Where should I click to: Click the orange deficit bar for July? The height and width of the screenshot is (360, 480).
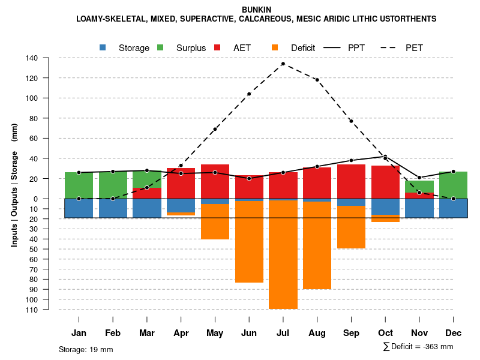pos(283,254)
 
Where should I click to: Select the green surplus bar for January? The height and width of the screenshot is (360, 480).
pos(79,185)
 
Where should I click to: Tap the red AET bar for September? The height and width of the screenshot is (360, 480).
pos(351,181)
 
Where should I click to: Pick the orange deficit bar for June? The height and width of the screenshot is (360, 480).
pos(249,242)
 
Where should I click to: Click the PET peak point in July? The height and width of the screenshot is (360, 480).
pos(283,64)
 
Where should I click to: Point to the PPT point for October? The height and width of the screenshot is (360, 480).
pos(385,157)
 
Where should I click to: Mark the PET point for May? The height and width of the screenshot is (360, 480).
pos(215,129)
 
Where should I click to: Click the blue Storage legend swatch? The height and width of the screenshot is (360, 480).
pos(103,47)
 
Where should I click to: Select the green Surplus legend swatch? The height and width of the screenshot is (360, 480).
pos(160,47)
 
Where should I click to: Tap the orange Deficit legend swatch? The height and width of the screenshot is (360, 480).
pos(275,47)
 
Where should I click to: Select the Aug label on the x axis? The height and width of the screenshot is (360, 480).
pos(317,333)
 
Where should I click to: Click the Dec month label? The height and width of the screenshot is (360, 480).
pos(454,333)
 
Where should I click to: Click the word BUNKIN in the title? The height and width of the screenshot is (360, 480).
pos(256,10)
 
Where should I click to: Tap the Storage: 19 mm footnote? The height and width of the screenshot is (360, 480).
pos(86,349)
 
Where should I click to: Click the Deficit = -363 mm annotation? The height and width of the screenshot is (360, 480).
pos(418,347)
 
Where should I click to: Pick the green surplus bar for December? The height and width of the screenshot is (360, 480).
pos(454,185)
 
